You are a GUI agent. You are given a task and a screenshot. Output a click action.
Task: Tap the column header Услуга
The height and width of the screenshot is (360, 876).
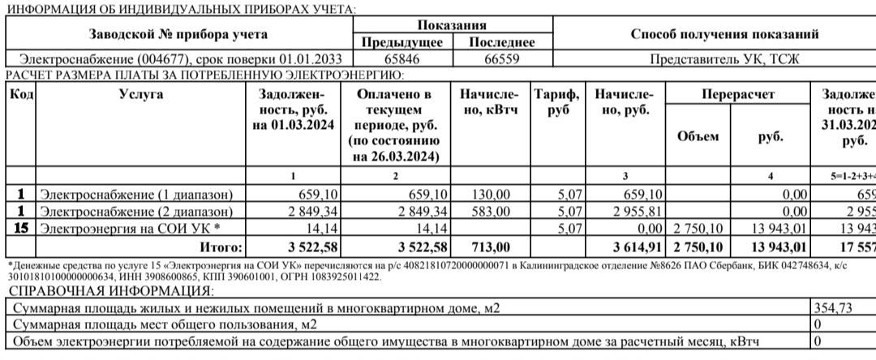pyautogui.click(x=141, y=95)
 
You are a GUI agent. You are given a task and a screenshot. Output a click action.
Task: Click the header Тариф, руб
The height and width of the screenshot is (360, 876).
pyautogui.click(x=558, y=102)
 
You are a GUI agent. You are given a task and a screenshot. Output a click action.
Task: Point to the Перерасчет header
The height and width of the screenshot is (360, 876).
pyautogui.click(x=738, y=95)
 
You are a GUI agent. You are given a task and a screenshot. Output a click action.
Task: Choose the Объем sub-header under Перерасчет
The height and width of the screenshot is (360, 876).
pyautogui.click(x=698, y=136)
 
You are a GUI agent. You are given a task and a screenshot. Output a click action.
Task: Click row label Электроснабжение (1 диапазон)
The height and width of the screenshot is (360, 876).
pyautogui.click(x=136, y=195)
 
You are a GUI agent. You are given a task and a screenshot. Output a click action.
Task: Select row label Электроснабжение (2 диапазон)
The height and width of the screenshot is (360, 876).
pyautogui.click(x=136, y=212)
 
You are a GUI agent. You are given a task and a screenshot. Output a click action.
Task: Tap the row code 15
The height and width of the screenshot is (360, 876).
pyautogui.click(x=22, y=229)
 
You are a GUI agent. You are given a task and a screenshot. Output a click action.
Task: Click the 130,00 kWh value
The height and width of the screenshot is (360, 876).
pyautogui.click(x=492, y=195)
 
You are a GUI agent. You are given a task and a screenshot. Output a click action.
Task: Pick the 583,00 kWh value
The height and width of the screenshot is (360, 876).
pyautogui.click(x=492, y=212)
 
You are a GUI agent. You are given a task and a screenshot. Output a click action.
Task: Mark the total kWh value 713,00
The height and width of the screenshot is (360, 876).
pyautogui.click(x=492, y=246)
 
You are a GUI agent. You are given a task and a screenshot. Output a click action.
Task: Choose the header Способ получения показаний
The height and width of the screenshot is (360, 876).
pyautogui.click(x=724, y=34)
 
